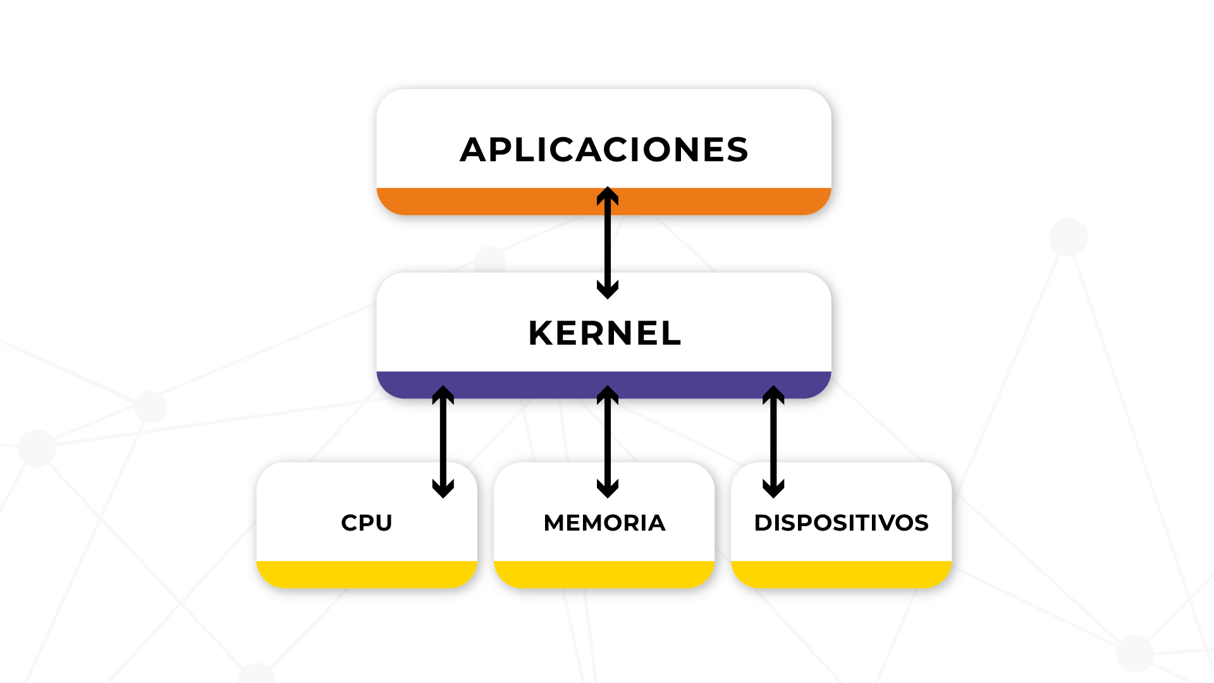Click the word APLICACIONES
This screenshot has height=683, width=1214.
coord(604,150)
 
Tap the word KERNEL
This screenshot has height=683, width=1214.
coord(604,333)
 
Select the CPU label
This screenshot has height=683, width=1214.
coord(367,523)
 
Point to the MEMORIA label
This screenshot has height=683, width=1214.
coord(604,523)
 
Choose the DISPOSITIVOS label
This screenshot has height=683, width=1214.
coord(841,523)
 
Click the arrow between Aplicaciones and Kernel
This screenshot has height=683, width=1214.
coord(608,243)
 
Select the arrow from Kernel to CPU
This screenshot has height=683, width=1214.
coord(443,443)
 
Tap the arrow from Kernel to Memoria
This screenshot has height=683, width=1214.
coord(608,443)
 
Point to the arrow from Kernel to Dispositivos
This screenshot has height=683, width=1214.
coord(773,443)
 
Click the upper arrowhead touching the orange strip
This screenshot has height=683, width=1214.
coord(608,194)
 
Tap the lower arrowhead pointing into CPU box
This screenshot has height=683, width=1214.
coord(443,489)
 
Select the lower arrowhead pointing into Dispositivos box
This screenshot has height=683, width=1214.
coord(773,489)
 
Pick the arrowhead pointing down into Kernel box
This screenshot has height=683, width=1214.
coord(608,290)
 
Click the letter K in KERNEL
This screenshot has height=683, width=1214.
coord(542,333)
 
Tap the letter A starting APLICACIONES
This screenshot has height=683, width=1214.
coord(474,150)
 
